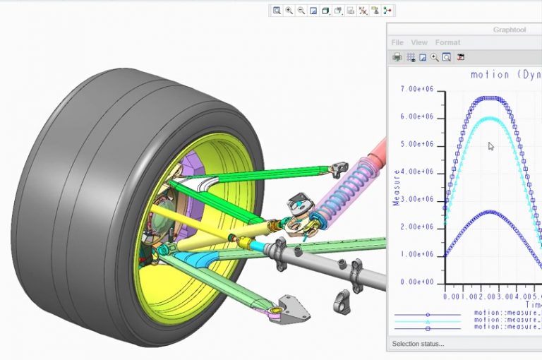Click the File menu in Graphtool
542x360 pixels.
[397, 43]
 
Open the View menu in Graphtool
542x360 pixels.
[419, 43]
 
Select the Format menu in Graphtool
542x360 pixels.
[447, 43]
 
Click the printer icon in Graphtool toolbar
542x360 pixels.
[397, 57]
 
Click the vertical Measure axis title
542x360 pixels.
[397, 187]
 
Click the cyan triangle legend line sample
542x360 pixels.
[428, 321]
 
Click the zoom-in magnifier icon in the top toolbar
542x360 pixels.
[289, 11]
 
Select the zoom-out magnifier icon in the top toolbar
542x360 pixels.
[301, 11]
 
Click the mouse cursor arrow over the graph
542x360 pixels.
[490, 145]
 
